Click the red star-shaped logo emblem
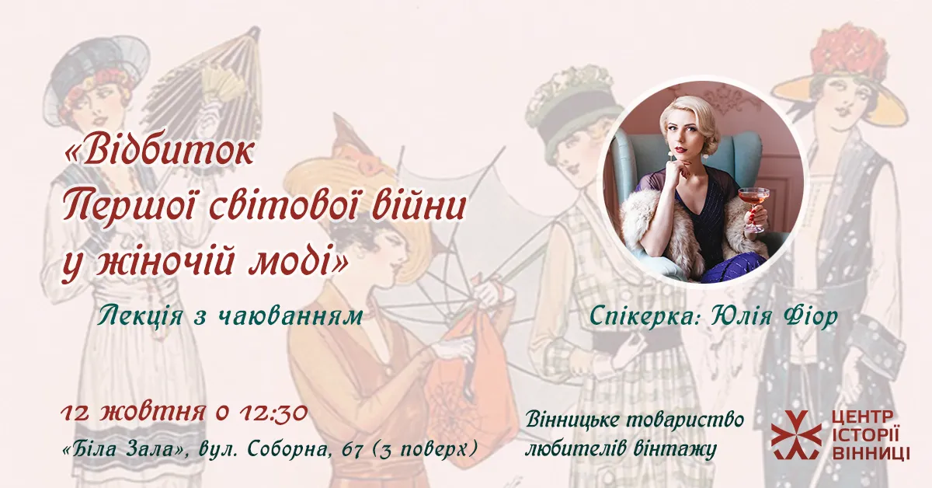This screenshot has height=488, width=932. click(x=796, y=434)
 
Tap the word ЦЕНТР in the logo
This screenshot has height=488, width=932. click(x=863, y=417)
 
